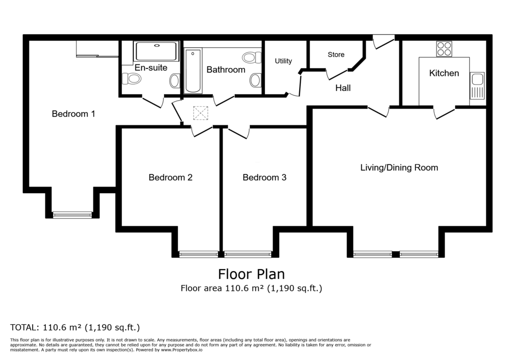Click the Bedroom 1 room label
[73, 114]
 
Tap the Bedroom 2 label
[170, 177]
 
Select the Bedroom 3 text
[265, 177]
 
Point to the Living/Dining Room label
[399, 167]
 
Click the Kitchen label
[444, 73]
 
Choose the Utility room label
[284, 61]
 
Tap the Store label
[336, 54]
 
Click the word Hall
[343, 87]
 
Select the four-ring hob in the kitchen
[444, 49]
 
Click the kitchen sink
[477, 86]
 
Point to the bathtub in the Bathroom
[193, 70]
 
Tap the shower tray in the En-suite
[156, 51]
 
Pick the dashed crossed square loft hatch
[201, 113]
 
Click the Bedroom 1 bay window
[72, 215]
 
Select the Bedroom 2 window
[198, 254]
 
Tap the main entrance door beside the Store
[384, 42]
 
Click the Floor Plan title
[251, 274]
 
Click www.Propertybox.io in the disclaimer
[182, 350]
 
